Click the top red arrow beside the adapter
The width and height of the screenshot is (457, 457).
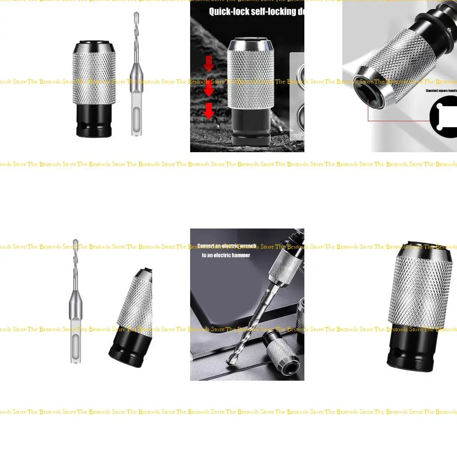[x=209, y=64]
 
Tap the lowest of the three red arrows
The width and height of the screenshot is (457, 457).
[x=209, y=111]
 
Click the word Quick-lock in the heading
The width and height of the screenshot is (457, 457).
[x=229, y=12]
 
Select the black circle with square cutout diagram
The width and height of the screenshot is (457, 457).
[x=445, y=117]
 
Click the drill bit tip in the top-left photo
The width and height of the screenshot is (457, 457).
[x=136, y=16]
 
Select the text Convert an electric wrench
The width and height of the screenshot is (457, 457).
[x=228, y=246]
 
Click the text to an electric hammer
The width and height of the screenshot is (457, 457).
[x=226, y=255]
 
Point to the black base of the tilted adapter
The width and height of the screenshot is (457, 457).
[x=127, y=350]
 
